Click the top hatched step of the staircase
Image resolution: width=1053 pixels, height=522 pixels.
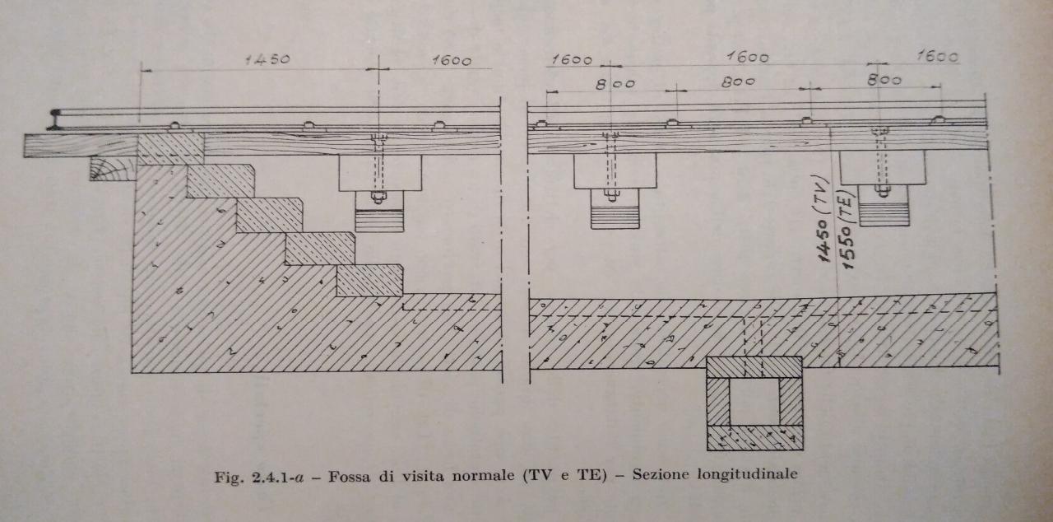tap(170, 148)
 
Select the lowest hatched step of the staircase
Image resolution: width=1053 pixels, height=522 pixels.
tap(369, 280)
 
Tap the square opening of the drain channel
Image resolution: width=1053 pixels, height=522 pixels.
tap(754, 401)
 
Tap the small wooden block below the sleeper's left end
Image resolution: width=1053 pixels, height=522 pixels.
tap(113, 169)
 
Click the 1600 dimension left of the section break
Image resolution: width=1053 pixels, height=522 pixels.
tap(451, 60)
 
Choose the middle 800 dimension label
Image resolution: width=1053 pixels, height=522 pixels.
tap(738, 82)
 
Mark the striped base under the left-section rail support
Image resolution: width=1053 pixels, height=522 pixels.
tap(379, 220)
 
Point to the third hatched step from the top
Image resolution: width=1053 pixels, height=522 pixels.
tap(269, 214)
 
